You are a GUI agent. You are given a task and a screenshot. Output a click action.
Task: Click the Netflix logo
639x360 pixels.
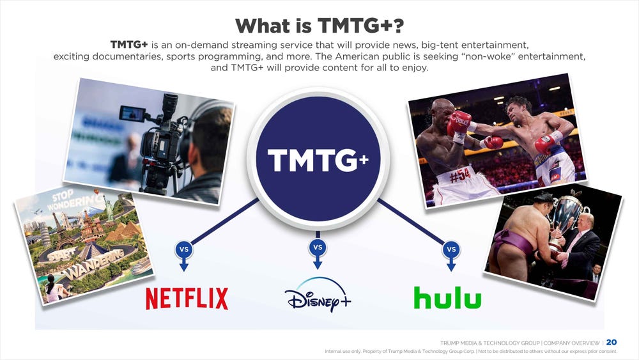pos(187,299)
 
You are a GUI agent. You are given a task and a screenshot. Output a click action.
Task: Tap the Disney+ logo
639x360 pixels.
pos(318,295)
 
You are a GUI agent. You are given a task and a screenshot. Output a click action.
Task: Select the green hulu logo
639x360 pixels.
pos(447,297)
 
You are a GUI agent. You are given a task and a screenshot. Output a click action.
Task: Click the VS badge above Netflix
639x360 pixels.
pos(184,249)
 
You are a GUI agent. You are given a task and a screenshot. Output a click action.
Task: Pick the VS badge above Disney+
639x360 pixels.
pos(318,247)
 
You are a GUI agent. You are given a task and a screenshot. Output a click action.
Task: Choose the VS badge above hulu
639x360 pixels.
pos(451,249)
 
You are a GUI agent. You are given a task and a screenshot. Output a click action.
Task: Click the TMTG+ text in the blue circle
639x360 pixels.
pos(318,160)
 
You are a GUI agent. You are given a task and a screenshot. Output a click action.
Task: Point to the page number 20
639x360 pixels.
pos(612,343)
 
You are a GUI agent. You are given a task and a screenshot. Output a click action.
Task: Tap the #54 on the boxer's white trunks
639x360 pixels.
pos(461,176)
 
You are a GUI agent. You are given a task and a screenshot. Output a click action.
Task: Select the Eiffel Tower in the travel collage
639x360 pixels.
pos(59,230)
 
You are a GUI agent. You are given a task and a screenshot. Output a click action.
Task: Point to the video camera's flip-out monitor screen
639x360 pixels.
pos(132,113)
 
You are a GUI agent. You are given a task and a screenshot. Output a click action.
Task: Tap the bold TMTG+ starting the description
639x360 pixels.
pos(129,44)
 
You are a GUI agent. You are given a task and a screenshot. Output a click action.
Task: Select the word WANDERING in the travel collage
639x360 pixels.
pos(94,264)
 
